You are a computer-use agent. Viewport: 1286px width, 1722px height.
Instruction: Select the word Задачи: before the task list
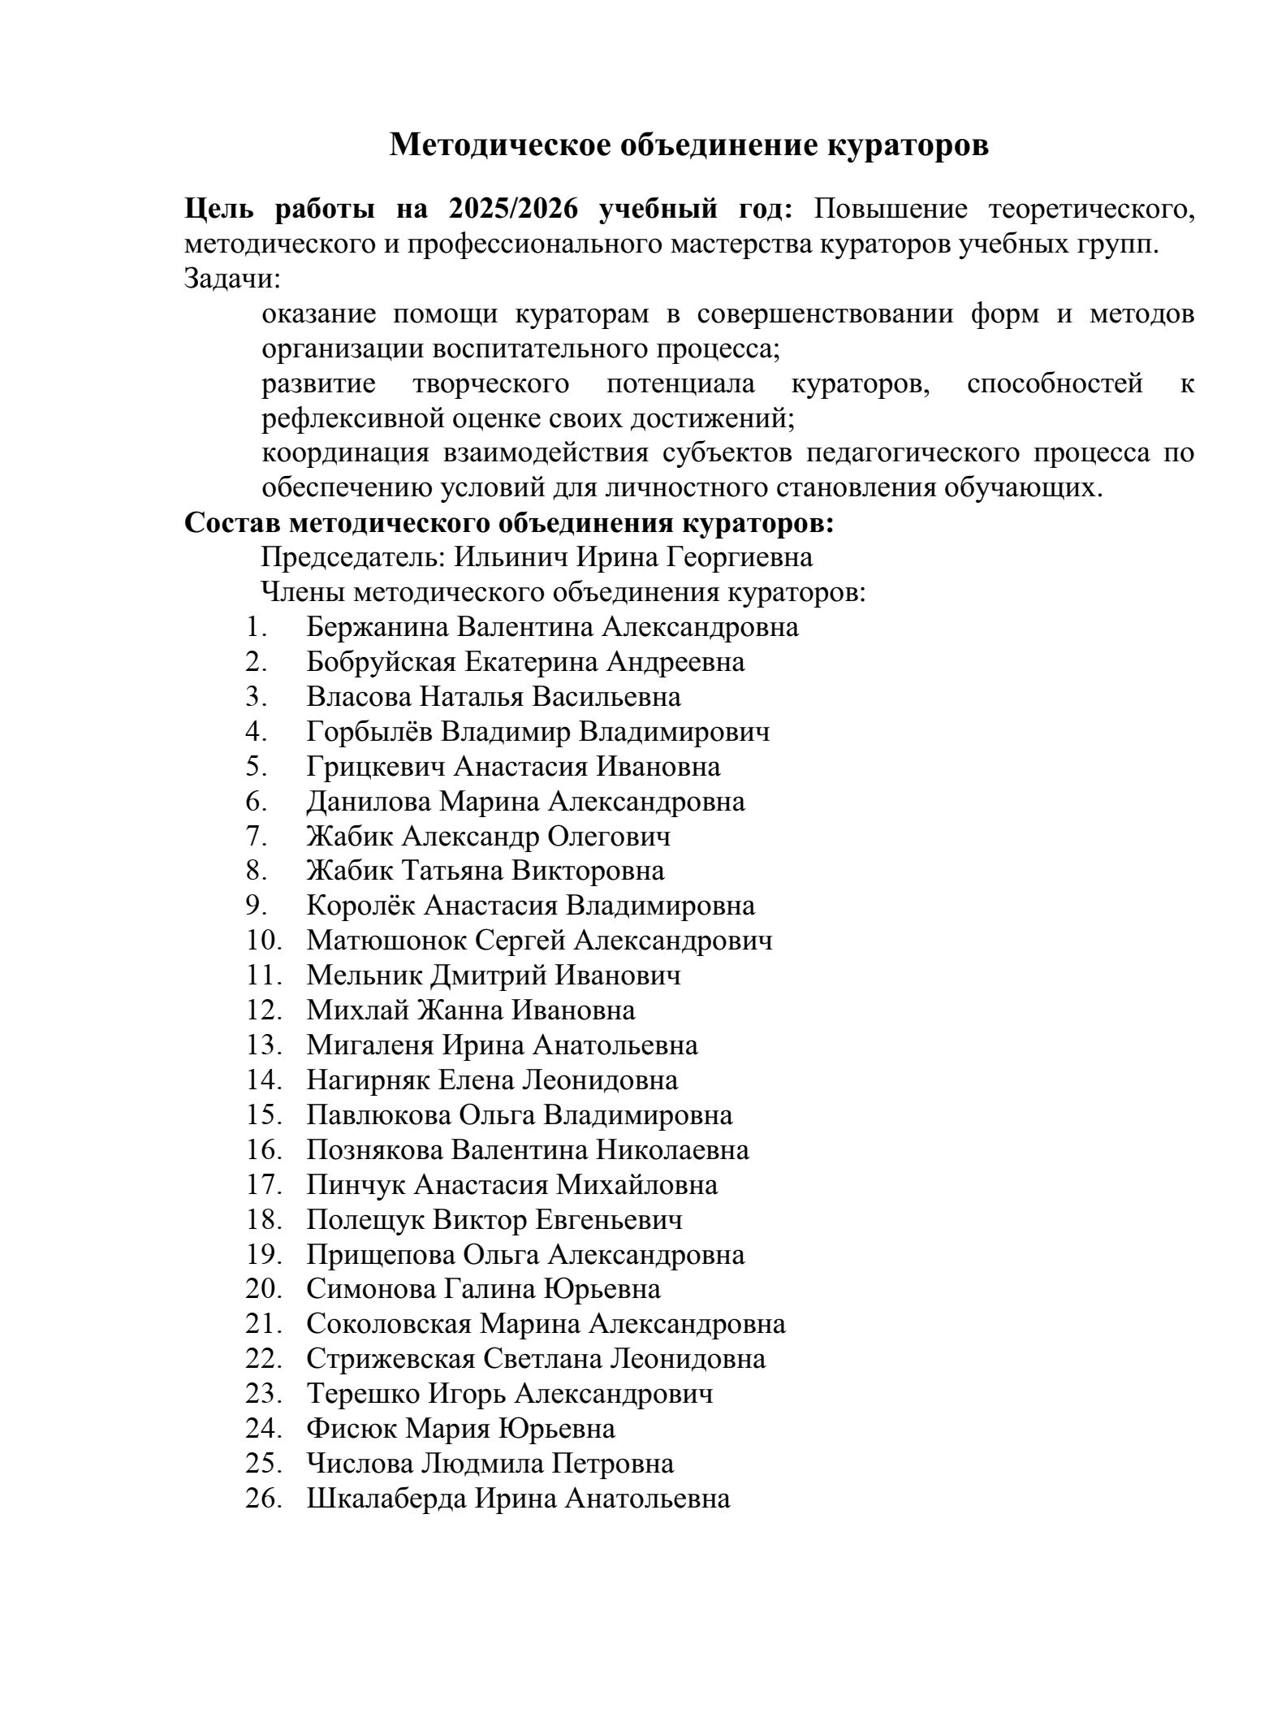pyautogui.click(x=232, y=279)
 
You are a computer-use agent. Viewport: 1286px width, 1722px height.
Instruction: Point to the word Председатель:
pyautogui.click(x=353, y=557)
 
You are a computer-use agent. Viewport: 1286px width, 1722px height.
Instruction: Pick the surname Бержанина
pyautogui.click(x=378, y=627)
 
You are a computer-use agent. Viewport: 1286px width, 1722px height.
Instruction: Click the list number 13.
pyautogui.click(x=264, y=1045)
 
